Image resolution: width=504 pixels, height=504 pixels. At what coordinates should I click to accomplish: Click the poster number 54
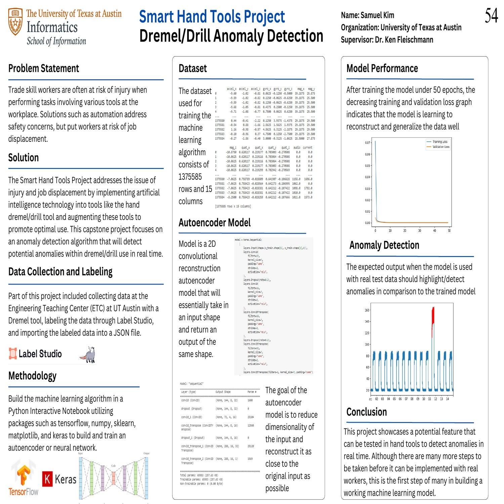(491, 16)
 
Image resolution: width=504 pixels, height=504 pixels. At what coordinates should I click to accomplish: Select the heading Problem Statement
(43, 68)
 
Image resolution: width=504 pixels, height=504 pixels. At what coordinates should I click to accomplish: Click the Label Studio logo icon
(13, 353)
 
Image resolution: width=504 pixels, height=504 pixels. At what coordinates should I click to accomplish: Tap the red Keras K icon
(47, 479)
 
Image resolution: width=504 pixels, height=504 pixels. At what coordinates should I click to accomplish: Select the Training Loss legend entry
(439, 142)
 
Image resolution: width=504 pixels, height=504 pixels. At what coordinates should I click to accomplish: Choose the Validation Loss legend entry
(440, 147)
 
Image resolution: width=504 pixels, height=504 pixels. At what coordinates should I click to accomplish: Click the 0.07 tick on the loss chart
(367, 143)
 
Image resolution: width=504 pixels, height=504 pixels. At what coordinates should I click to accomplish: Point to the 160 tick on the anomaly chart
(367, 310)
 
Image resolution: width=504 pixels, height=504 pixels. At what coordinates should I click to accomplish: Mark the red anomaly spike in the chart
(433, 316)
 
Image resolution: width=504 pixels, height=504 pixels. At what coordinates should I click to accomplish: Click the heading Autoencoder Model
(214, 222)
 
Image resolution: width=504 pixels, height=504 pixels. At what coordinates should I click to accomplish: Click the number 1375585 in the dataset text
(190, 177)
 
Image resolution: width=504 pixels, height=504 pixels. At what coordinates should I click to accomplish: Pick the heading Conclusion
(366, 412)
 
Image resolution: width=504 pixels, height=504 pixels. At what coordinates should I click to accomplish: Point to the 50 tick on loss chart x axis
(449, 231)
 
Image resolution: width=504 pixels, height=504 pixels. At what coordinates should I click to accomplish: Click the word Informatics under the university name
(52, 27)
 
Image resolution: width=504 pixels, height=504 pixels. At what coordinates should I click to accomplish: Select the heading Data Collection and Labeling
(60, 271)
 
